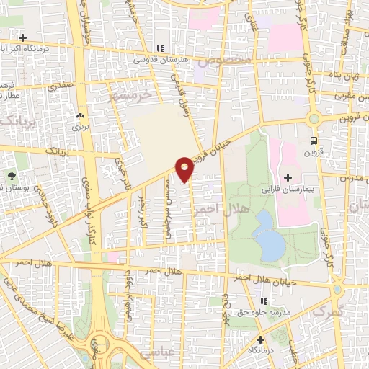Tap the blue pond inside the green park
[x=269, y=235]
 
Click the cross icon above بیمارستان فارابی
[x=288, y=177]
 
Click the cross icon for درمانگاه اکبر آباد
[x=23, y=37]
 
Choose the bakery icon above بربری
[x=79, y=116]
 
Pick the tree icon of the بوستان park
[x=12, y=176]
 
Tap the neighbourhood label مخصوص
[x=226, y=62]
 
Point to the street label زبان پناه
[x=347, y=74]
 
